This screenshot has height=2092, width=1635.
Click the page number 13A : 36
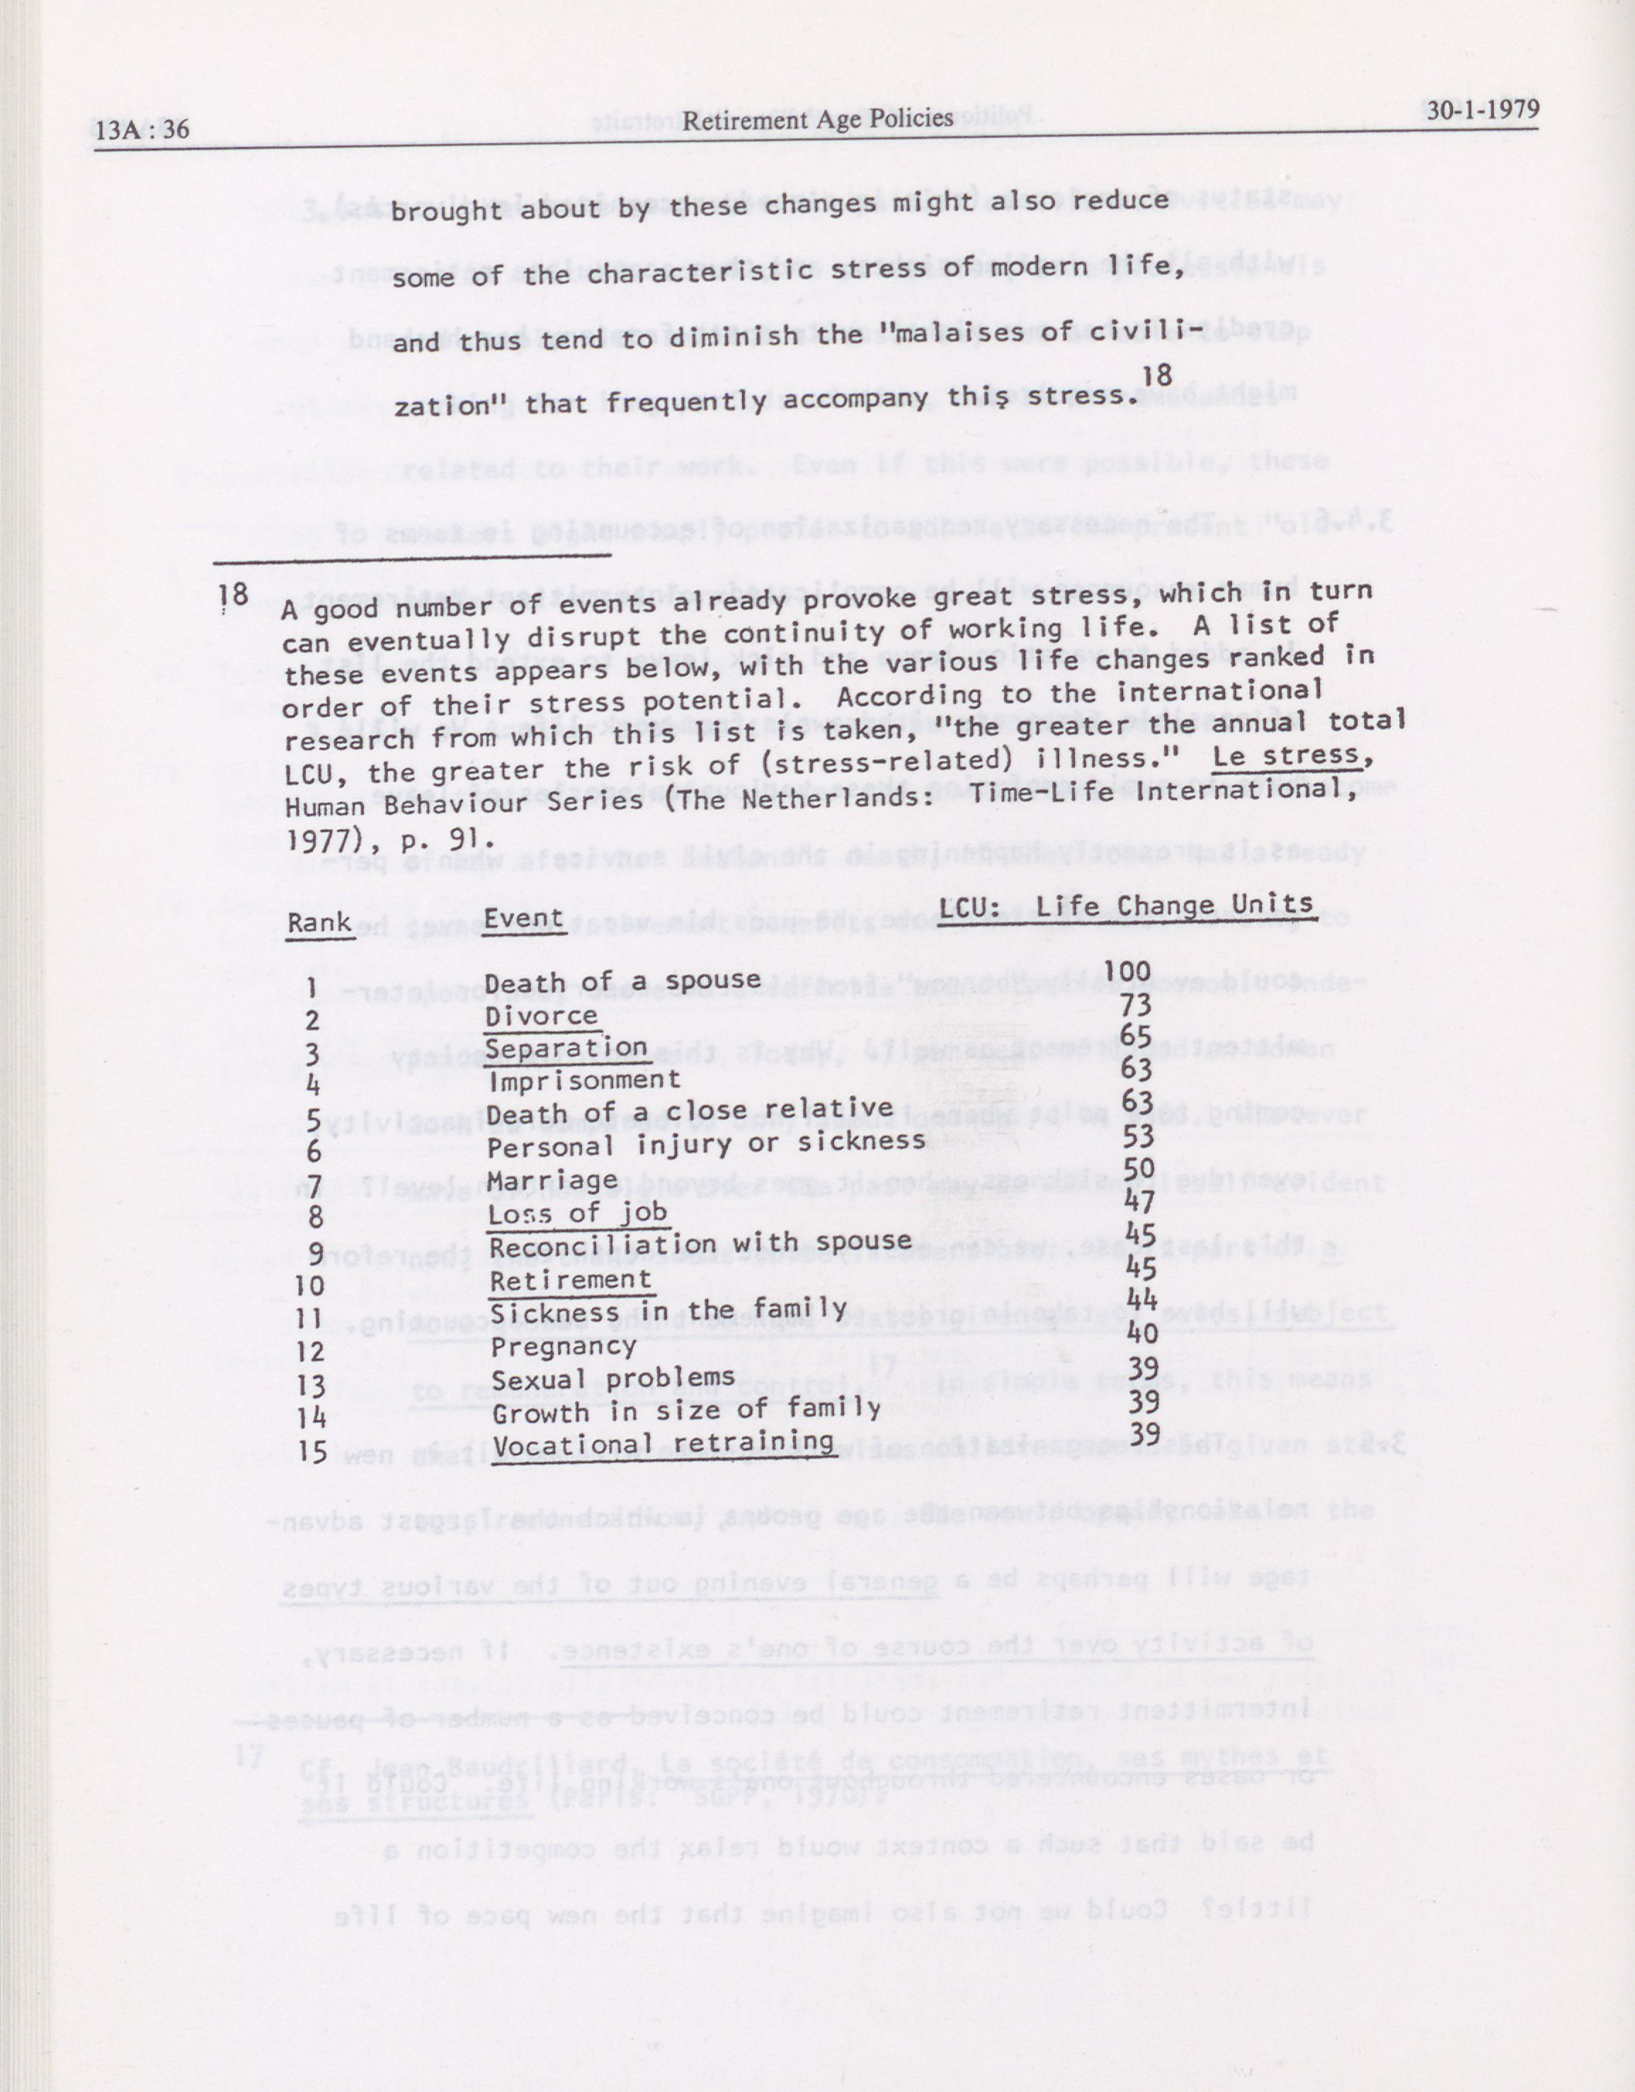pos(143,127)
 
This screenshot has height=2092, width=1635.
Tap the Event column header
pos(523,917)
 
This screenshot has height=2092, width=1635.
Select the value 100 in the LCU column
pos(1127,972)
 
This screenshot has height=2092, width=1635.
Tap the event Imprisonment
pos(584,1080)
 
